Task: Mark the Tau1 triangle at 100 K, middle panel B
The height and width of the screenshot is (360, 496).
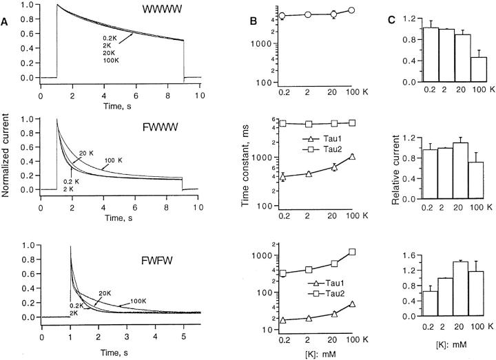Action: pyautogui.click(x=352, y=157)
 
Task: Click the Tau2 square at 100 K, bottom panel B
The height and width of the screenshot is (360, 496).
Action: pyautogui.click(x=352, y=252)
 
